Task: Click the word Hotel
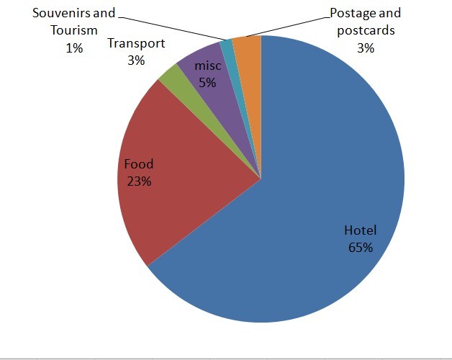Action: pyautogui.click(x=361, y=230)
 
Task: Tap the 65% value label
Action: pyautogui.click(x=360, y=247)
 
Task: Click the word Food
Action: pyautogui.click(x=139, y=164)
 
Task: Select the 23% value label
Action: pyautogui.click(x=138, y=181)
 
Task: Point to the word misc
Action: pyautogui.click(x=207, y=66)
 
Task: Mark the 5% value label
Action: pyautogui.click(x=207, y=82)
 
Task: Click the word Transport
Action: pyautogui.click(x=136, y=43)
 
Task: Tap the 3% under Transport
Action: pyautogui.click(x=136, y=60)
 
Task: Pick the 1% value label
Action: pyautogui.click(x=74, y=48)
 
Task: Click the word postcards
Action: pyautogui.click(x=366, y=30)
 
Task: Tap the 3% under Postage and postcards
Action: pyautogui.click(x=365, y=48)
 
